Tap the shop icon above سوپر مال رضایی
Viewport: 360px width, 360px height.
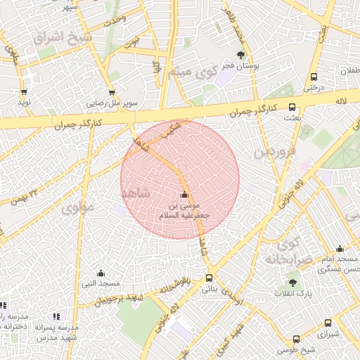[111, 92]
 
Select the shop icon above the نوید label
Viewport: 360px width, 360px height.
[25, 92]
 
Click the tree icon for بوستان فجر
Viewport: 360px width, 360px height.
[241, 54]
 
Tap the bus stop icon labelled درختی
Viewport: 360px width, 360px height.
[312, 77]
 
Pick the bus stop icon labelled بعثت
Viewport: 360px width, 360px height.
[292, 108]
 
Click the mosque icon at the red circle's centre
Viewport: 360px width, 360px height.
[184, 195]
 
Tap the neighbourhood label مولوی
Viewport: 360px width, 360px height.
[77, 208]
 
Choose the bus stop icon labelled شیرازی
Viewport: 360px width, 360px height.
[328, 323]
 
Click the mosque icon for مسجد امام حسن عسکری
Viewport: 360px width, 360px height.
[340, 248]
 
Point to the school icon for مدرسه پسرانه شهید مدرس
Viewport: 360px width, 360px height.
[56, 316]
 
